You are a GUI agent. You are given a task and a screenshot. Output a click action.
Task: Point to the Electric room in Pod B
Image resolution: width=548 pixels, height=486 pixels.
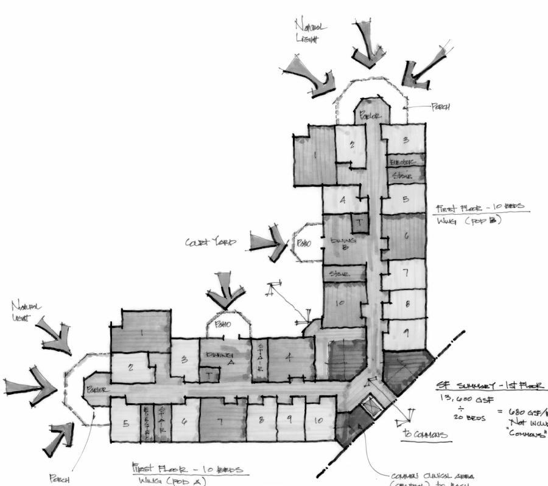(402, 162)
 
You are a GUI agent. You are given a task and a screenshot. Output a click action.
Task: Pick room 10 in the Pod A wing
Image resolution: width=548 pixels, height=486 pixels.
(319, 420)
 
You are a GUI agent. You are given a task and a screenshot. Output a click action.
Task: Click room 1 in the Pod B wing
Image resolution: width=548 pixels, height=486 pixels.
(315, 155)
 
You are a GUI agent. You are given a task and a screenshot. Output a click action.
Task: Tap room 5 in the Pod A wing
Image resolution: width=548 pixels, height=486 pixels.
(125, 423)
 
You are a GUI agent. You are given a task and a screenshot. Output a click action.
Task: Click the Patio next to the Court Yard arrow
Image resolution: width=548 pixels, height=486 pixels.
(303, 243)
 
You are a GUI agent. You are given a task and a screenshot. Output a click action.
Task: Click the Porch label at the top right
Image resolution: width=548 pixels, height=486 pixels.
(440, 107)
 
